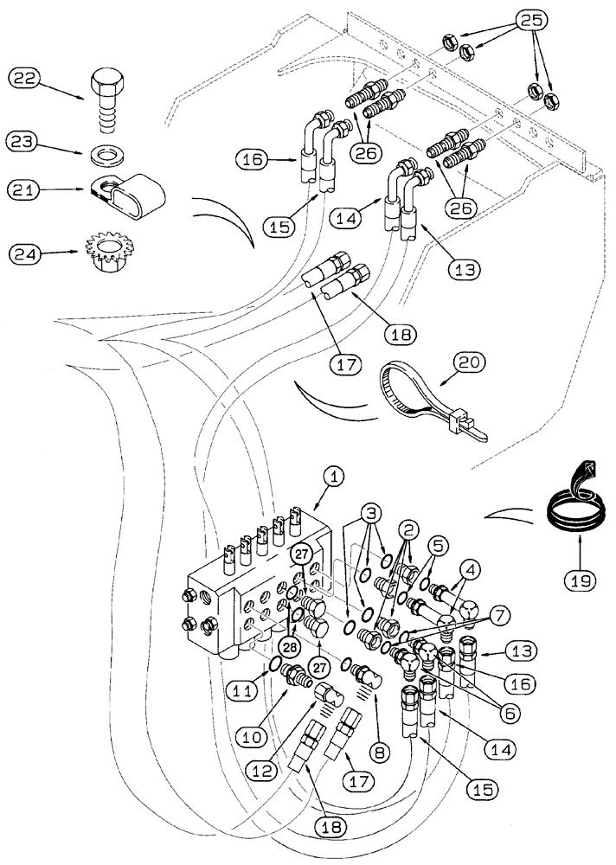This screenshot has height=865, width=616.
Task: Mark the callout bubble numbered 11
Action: coord(241,690)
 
